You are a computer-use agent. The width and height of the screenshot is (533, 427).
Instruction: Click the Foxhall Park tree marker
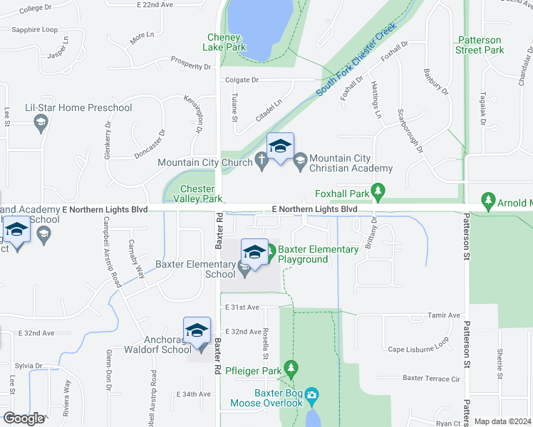pos(379,192)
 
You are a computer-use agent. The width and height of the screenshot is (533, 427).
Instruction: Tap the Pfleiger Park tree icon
pos(290,369)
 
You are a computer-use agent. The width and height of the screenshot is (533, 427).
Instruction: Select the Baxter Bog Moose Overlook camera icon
pos(311,395)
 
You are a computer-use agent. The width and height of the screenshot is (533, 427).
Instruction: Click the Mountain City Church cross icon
pos(262,162)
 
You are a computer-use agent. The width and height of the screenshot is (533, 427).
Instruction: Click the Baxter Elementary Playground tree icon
pos(270,250)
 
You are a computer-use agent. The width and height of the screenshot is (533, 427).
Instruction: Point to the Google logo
pos(24,418)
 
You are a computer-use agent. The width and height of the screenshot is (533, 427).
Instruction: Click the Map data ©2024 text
pos(502,421)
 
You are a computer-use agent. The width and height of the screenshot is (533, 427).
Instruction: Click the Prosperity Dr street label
pos(191,66)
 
